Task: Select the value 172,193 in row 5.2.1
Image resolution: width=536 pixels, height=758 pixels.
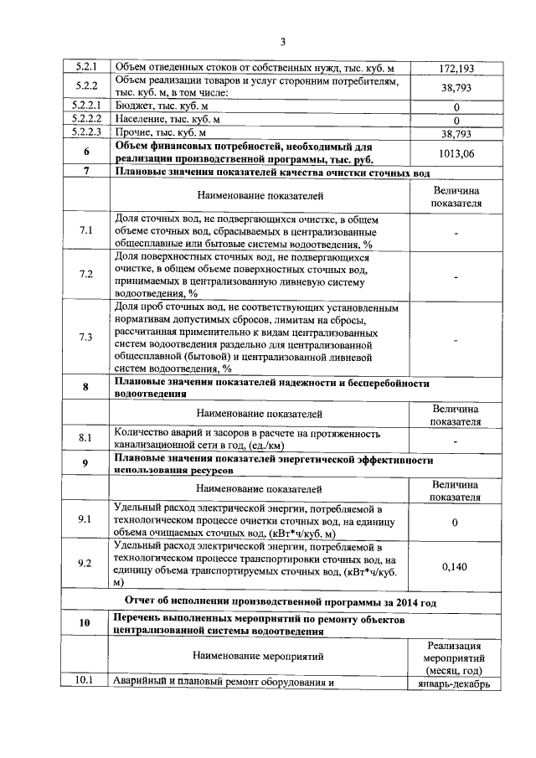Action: point(456,66)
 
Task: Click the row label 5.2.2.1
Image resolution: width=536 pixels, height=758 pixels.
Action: point(86,106)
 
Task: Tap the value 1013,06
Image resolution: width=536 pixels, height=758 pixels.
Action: point(456,152)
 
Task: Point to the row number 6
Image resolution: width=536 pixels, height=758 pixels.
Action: point(87,152)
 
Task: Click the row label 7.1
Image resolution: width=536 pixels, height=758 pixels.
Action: point(85,232)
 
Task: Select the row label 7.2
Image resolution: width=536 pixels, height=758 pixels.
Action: point(85,275)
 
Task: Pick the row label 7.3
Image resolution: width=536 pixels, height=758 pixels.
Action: point(85,338)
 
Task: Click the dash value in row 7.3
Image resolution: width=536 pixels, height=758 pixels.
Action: point(456,339)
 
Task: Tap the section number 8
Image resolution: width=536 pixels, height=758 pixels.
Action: point(86,387)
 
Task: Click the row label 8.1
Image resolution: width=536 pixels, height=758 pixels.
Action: point(85,437)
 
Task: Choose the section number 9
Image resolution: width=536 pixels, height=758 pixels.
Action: point(86,464)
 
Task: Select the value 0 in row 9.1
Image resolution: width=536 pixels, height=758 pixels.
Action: point(456,523)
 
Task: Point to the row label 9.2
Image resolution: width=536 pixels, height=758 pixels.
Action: point(85,564)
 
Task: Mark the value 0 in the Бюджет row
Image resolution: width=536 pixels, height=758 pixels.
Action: point(456,107)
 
